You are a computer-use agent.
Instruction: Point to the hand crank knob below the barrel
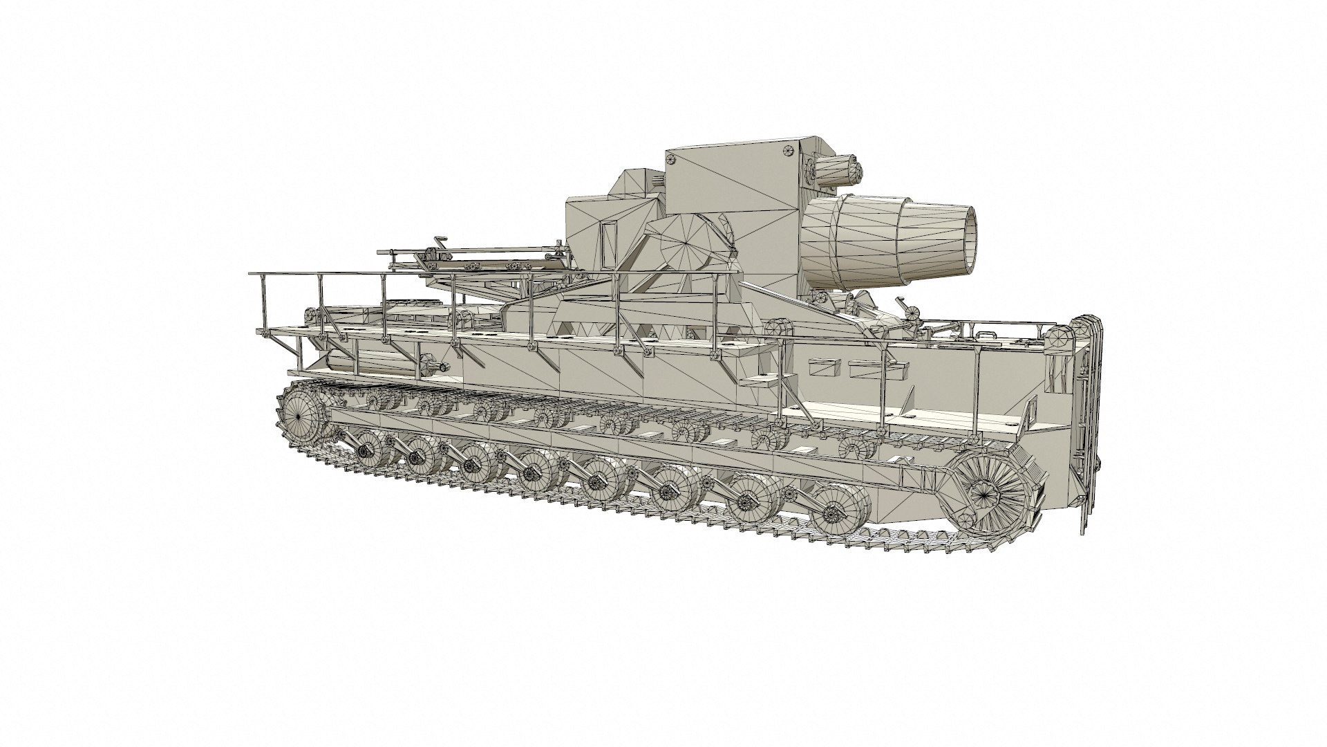tap(902, 304)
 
